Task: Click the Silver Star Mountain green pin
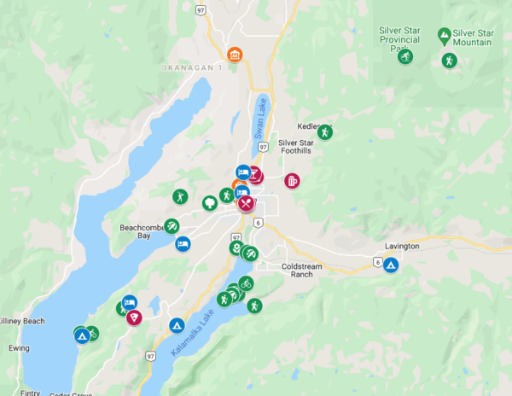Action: [444, 35]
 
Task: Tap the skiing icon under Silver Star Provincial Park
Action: [405, 56]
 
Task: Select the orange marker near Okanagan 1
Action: [235, 55]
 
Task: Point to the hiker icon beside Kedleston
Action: [324, 131]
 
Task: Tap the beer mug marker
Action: [292, 181]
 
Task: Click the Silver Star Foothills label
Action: [296, 148]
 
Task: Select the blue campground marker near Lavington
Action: [390, 265]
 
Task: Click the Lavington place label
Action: [402, 246]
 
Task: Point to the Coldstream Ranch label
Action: [302, 270]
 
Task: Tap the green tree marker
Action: [208, 202]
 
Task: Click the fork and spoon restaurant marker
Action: [247, 203]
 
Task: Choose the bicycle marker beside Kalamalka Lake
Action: [246, 283]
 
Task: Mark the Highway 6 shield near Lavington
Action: [376, 262]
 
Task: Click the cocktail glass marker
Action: [255, 177]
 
